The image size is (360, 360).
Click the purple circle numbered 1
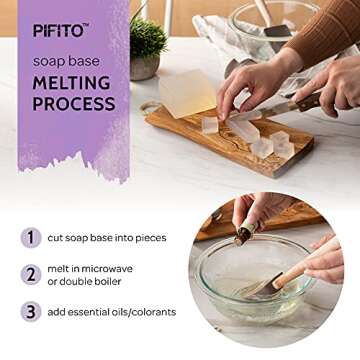(31, 237)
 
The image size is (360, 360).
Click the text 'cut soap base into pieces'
(111, 237)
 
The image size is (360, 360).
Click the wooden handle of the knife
(301, 99)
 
